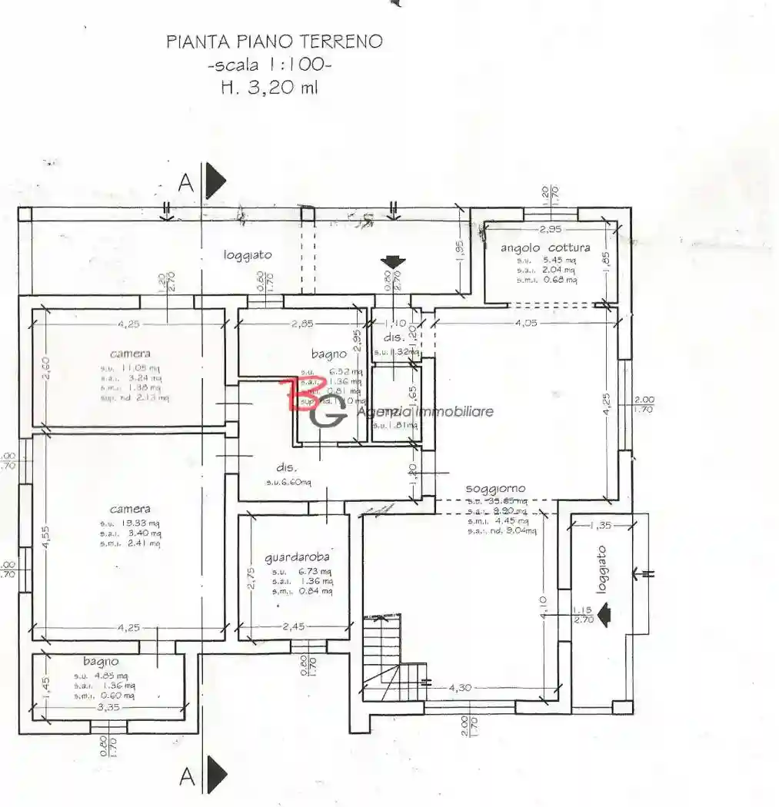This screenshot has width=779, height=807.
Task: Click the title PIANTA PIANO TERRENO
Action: click(x=274, y=42)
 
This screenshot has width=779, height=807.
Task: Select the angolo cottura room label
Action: click(x=545, y=247)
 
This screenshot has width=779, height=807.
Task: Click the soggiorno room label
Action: click(x=495, y=488)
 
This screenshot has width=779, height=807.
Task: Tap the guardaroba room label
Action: click(x=296, y=557)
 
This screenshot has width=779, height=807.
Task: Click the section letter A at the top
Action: click(x=185, y=183)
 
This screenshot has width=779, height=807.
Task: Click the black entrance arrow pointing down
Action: click(x=393, y=263)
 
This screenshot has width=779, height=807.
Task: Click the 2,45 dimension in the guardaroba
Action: click(x=293, y=626)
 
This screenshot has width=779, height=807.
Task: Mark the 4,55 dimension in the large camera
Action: click(x=47, y=537)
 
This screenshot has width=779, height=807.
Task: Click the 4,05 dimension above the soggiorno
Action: click(x=527, y=324)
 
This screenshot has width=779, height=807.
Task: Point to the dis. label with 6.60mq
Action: click(x=286, y=467)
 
